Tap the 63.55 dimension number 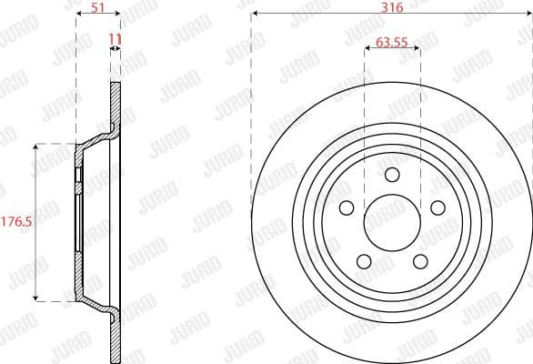392,41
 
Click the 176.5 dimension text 15,221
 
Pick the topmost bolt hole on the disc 392,175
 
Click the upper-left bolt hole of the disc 346,208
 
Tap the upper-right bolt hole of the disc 438,208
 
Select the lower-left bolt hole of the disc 364,262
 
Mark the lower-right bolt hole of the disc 420,262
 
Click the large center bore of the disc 392,222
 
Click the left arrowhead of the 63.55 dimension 367,50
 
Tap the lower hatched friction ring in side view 115,337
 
